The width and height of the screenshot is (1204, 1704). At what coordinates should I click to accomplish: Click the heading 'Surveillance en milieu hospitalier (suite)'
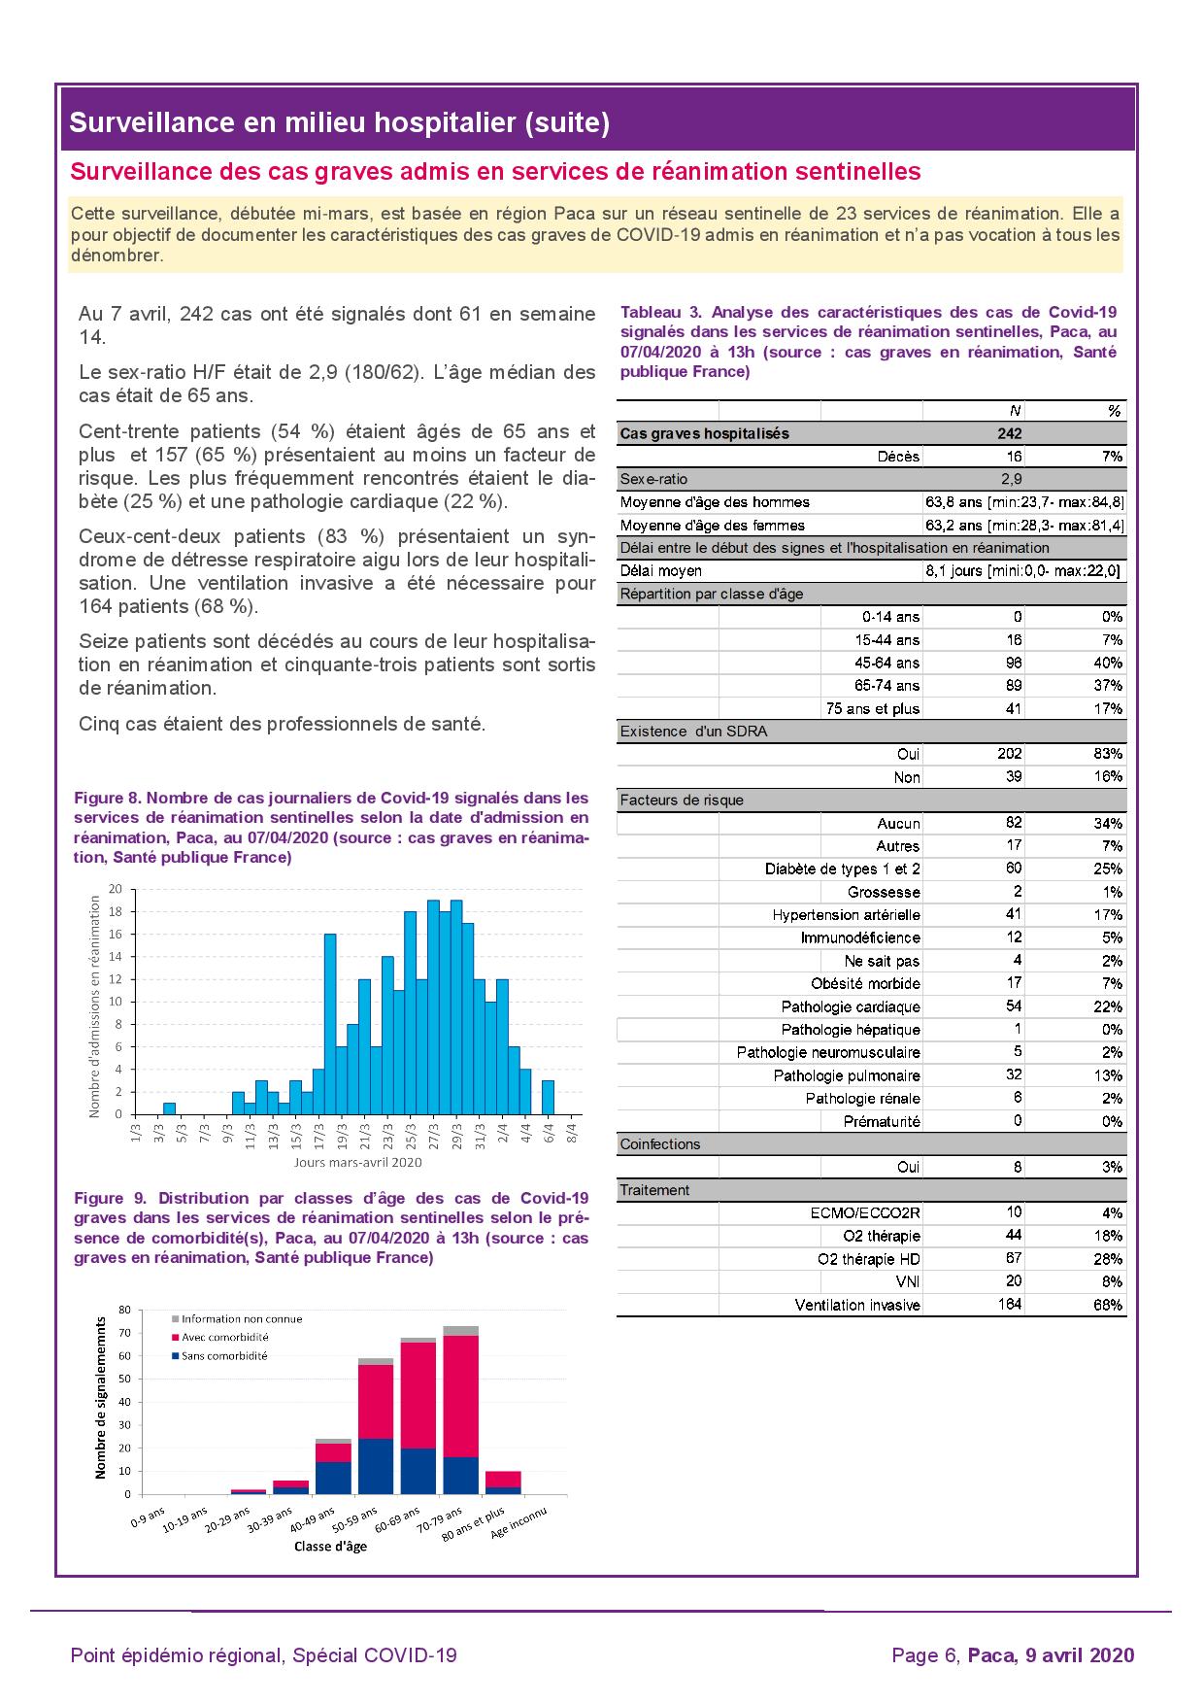tap(340, 122)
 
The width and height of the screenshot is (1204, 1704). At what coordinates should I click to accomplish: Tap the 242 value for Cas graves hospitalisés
tap(1009, 434)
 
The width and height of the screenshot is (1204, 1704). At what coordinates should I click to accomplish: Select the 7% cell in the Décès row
tap(1112, 457)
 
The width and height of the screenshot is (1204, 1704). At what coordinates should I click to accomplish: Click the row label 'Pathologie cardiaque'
tap(850, 1007)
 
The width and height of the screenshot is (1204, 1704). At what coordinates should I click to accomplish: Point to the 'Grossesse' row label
tap(883, 892)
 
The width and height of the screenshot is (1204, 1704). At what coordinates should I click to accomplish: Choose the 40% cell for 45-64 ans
tap(1110, 663)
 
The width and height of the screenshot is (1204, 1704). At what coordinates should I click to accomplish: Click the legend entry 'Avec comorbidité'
tap(225, 1337)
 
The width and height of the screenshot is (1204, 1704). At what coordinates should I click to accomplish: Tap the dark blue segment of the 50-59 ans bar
tap(376, 1466)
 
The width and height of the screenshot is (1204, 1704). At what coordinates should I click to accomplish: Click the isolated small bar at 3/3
tap(169, 1108)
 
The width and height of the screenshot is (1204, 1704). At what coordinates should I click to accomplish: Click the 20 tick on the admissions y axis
tap(116, 889)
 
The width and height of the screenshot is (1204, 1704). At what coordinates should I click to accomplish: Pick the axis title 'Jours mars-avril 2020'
tap(357, 1162)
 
